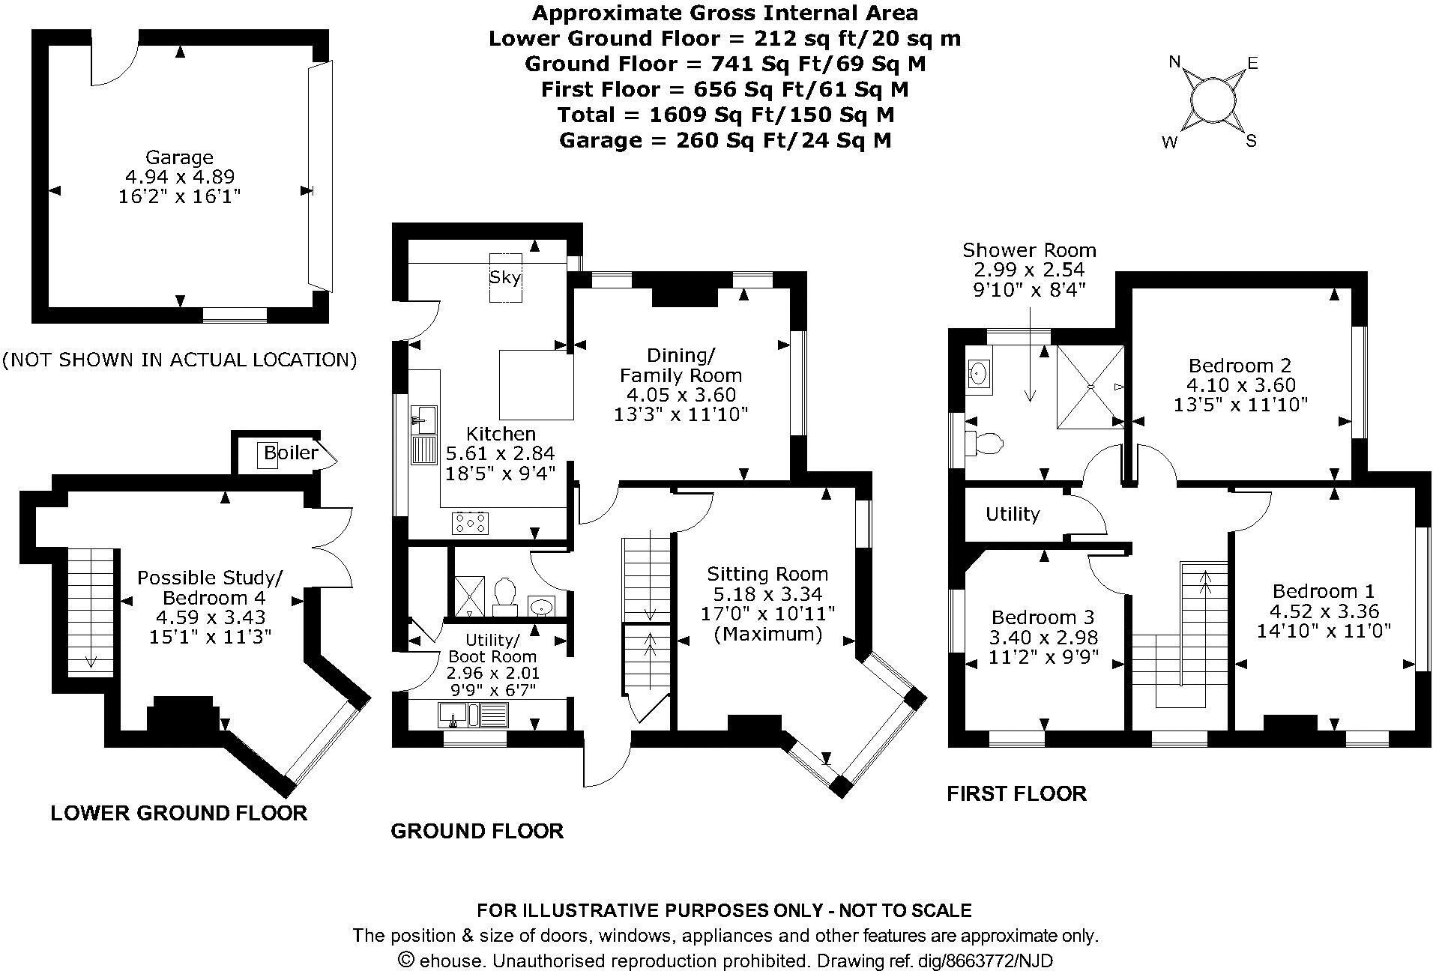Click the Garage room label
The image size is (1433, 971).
179,158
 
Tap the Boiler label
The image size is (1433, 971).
291,453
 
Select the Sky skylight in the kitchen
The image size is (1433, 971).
505,277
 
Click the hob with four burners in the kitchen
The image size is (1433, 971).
470,523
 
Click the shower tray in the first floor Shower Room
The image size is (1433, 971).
1090,387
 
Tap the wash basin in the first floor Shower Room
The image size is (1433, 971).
978,372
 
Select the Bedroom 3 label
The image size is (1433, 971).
1043,617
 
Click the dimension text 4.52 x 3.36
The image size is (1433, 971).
1324,611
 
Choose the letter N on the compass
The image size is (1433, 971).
1175,62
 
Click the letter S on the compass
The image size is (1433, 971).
1251,141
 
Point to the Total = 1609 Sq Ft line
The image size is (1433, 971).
725,115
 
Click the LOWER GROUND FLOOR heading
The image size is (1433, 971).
178,813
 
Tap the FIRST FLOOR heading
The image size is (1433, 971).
1016,793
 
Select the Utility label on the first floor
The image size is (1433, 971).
1013,514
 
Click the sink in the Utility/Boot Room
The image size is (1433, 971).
453,715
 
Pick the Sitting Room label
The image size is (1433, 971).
767,575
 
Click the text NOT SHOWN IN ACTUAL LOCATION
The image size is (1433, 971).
179,360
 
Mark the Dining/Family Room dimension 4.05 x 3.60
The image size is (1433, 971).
681,395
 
